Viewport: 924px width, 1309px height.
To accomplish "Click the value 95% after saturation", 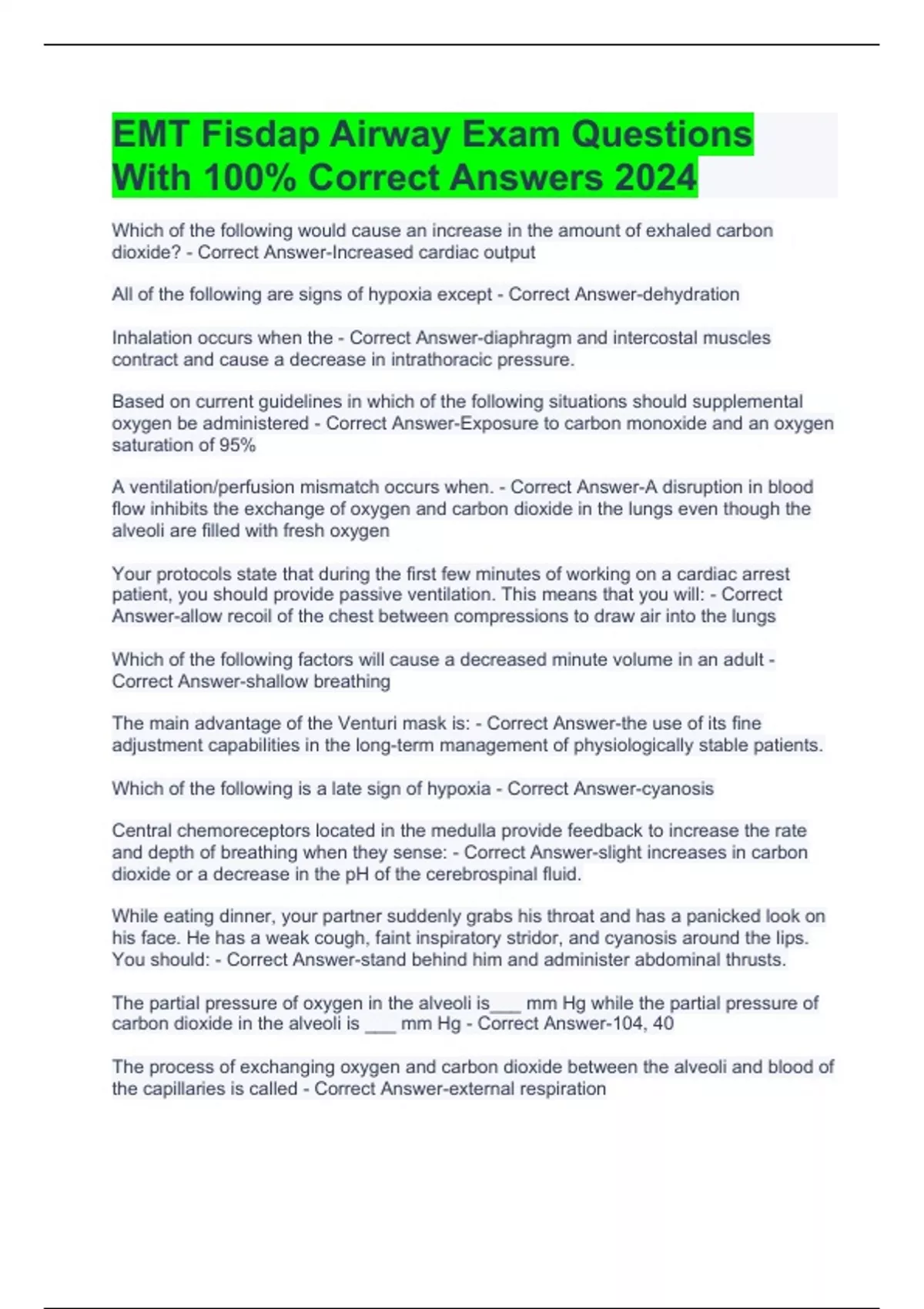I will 237,445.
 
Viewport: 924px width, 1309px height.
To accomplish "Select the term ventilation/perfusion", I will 208,487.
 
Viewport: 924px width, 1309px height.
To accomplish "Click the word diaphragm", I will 527,338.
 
